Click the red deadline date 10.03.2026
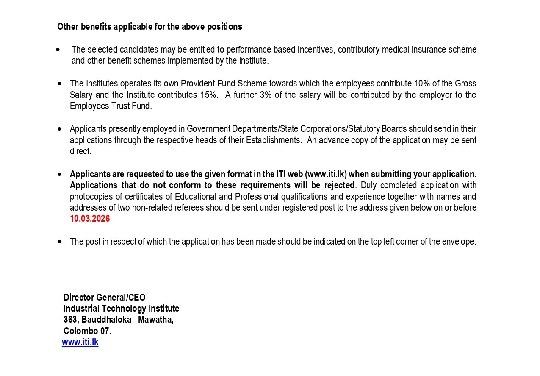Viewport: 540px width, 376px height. point(90,219)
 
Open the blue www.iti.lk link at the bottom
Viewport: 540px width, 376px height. point(80,342)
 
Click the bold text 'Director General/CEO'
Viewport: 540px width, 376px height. point(104,298)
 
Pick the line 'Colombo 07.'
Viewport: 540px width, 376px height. point(87,331)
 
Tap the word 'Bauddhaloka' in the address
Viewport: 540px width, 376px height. point(106,320)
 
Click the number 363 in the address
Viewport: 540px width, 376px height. point(70,320)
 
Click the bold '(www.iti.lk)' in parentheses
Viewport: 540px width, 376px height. point(326,174)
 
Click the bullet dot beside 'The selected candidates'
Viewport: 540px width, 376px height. point(58,50)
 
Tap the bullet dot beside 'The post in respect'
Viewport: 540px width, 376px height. point(60,242)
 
